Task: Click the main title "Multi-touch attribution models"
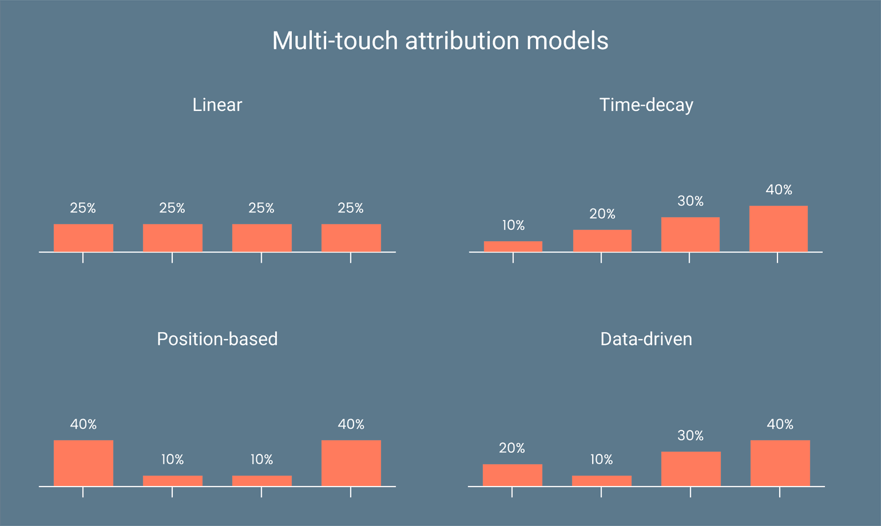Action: (440, 41)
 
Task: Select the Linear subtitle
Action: (217, 105)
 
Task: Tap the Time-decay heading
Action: (646, 105)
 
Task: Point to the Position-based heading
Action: (217, 339)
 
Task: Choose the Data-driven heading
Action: (646, 339)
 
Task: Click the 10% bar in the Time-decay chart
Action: (513, 246)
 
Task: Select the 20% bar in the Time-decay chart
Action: (602, 241)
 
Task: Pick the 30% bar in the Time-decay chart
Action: (690, 234)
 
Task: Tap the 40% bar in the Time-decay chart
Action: (779, 229)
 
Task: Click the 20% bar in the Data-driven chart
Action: (512, 475)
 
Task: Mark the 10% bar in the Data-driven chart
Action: (601, 481)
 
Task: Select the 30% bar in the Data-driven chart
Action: (690, 469)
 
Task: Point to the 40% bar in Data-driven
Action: (780, 463)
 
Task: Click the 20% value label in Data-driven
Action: (511, 448)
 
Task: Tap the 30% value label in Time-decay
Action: (690, 201)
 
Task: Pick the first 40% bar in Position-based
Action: (84, 463)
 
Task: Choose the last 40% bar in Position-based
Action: (351, 463)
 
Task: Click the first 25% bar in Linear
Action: (84, 238)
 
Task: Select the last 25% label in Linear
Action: (351, 208)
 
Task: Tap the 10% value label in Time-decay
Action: (513, 225)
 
